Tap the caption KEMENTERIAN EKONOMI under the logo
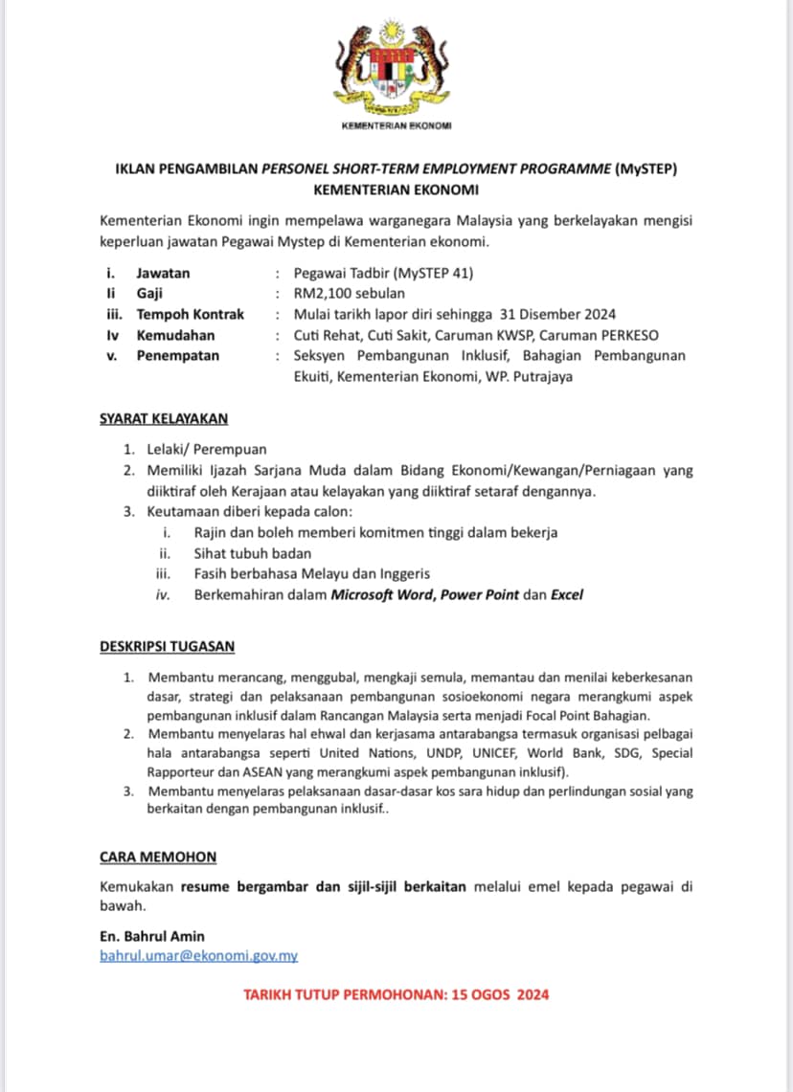click(x=396, y=126)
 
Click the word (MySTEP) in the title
click(x=646, y=169)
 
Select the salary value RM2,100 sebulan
click(x=349, y=294)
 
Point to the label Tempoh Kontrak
click(x=190, y=314)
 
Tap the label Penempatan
click(x=177, y=356)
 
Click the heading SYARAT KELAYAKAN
click(x=164, y=418)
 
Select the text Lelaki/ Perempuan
click(x=207, y=449)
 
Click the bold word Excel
click(x=567, y=594)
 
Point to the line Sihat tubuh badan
click(x=252, y=553)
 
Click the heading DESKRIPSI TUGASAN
click(x=167, y=646)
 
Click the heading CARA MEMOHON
click(x=158, y=857)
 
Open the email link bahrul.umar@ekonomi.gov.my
click(x=198, y=956)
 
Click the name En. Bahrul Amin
click(x=151, y=936)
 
